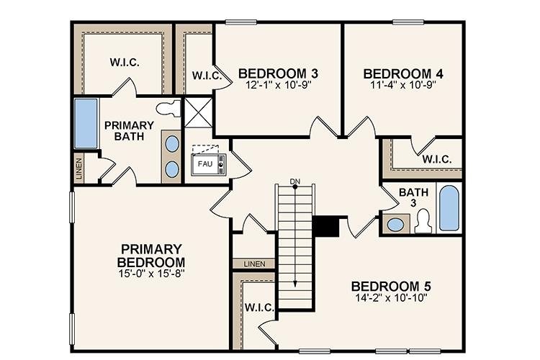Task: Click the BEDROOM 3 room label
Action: click(x=278, y=73)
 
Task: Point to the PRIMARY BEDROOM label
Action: click(x=152, y=254)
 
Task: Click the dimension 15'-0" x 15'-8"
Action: click(x=152, y=274)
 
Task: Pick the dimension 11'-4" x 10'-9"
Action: click(x=402, y=84)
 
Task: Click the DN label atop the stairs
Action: click(x=294, y=180)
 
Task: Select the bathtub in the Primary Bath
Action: click(x=86, y=125)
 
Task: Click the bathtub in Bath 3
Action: click(x=449, y=208)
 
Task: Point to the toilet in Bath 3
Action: click(x=423, y=220)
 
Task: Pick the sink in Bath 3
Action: click(x=395, y=224)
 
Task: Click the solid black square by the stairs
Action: click(x=326, y=226)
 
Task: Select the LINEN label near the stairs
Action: click(x=253, y=264)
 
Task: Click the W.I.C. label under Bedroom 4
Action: click(x=437, y=159)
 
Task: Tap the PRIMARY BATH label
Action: click(x=129, y=130)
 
